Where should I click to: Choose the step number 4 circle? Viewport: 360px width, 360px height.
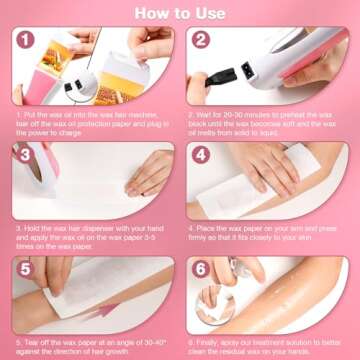(x=200, y=157)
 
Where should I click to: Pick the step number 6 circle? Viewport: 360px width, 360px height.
(x=200, y=271)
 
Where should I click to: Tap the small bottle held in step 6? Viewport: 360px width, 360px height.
(x=241, y=279)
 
